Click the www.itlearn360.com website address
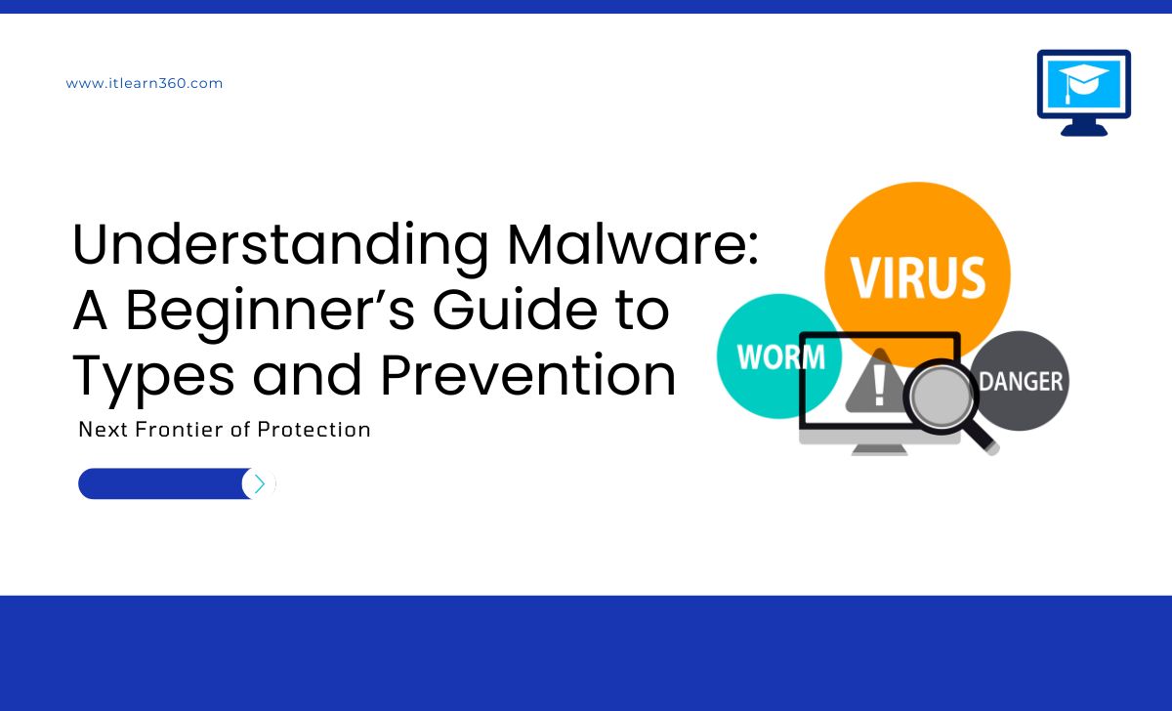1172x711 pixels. (145, 83)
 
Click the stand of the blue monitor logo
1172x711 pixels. (1083, 127)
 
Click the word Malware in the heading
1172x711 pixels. (633, 245)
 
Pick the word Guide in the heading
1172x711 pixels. (515, 310)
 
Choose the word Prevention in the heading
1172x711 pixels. (528, 375)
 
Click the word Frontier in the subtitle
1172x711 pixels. (180, 430)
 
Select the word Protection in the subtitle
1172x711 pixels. (314, 430)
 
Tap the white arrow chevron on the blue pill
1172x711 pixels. (259, 484)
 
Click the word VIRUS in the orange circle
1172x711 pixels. (918, 277)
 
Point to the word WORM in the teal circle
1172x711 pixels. (781, 356)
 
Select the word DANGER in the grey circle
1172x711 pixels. (1021, 382)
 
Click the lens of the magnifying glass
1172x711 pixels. (942, 397)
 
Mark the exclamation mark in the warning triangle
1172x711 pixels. (880, 385)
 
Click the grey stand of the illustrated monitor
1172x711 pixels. (880, 450)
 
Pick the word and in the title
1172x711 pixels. (307, 375)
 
